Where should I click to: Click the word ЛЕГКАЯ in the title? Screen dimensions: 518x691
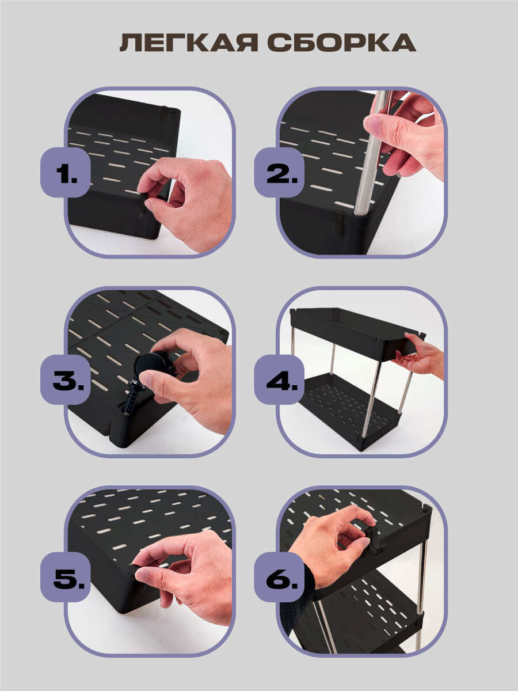(x=189, y=42)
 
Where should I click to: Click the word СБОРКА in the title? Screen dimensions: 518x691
(x=342, y=42)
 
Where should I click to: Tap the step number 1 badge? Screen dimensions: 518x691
(x=66, y=172)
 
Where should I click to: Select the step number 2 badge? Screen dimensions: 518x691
(x=279, y=172)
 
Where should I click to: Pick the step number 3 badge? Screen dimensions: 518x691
(x=66, y=379)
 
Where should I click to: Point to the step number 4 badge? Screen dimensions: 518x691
(x=279, y=379)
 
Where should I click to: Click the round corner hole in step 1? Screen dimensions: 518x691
(x=172, y=112)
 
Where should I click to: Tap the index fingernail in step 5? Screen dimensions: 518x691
(x=142, y=575)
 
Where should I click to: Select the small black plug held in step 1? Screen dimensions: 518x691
(x=143, y=204)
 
